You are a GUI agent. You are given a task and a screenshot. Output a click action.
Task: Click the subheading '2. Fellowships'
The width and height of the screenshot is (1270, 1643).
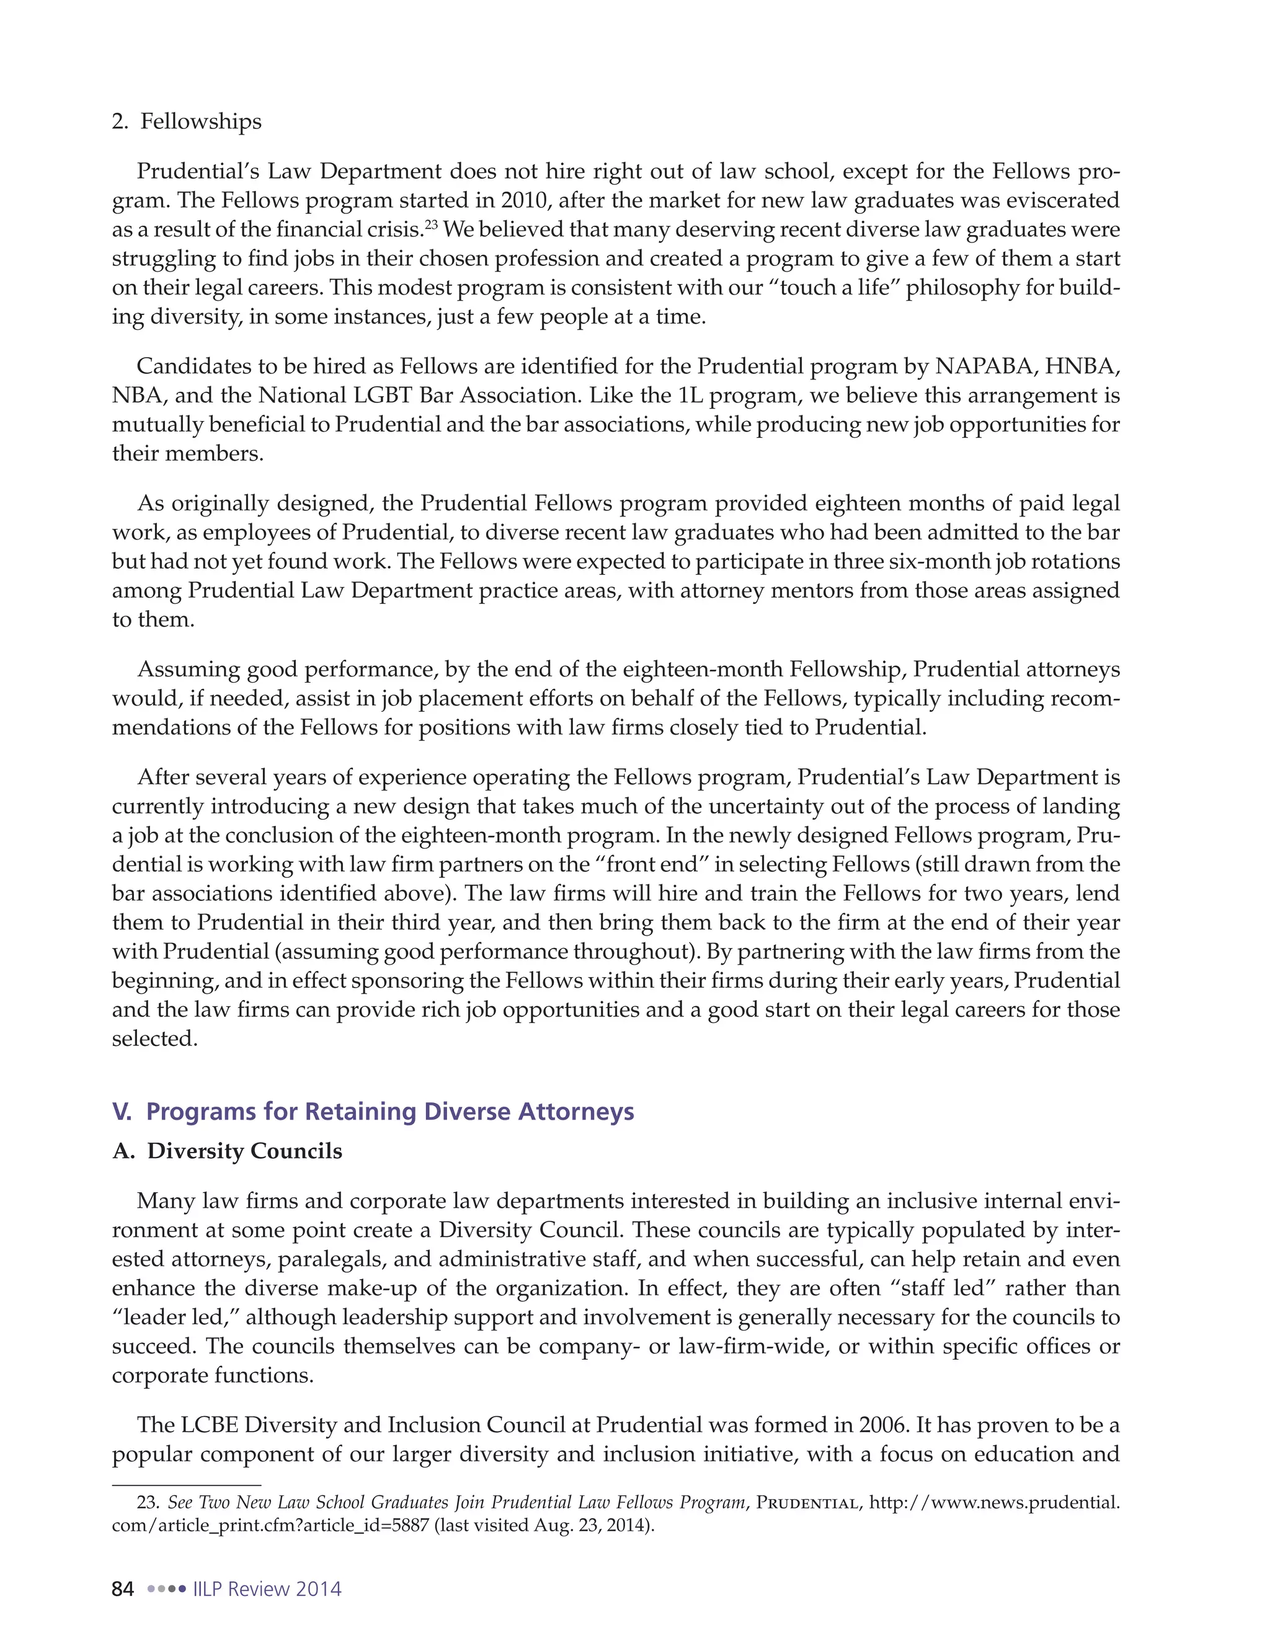tap(187, 122)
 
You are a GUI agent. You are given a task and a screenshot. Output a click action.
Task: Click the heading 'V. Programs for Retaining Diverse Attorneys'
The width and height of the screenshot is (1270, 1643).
tap(373, 1111)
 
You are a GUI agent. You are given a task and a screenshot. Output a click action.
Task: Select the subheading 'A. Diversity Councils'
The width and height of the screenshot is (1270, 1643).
tap(227, 1151)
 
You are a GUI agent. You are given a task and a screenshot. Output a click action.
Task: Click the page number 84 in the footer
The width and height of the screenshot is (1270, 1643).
tap(123, 1589)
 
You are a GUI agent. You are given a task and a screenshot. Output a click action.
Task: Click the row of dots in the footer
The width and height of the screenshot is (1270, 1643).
tap(166, 1589)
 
